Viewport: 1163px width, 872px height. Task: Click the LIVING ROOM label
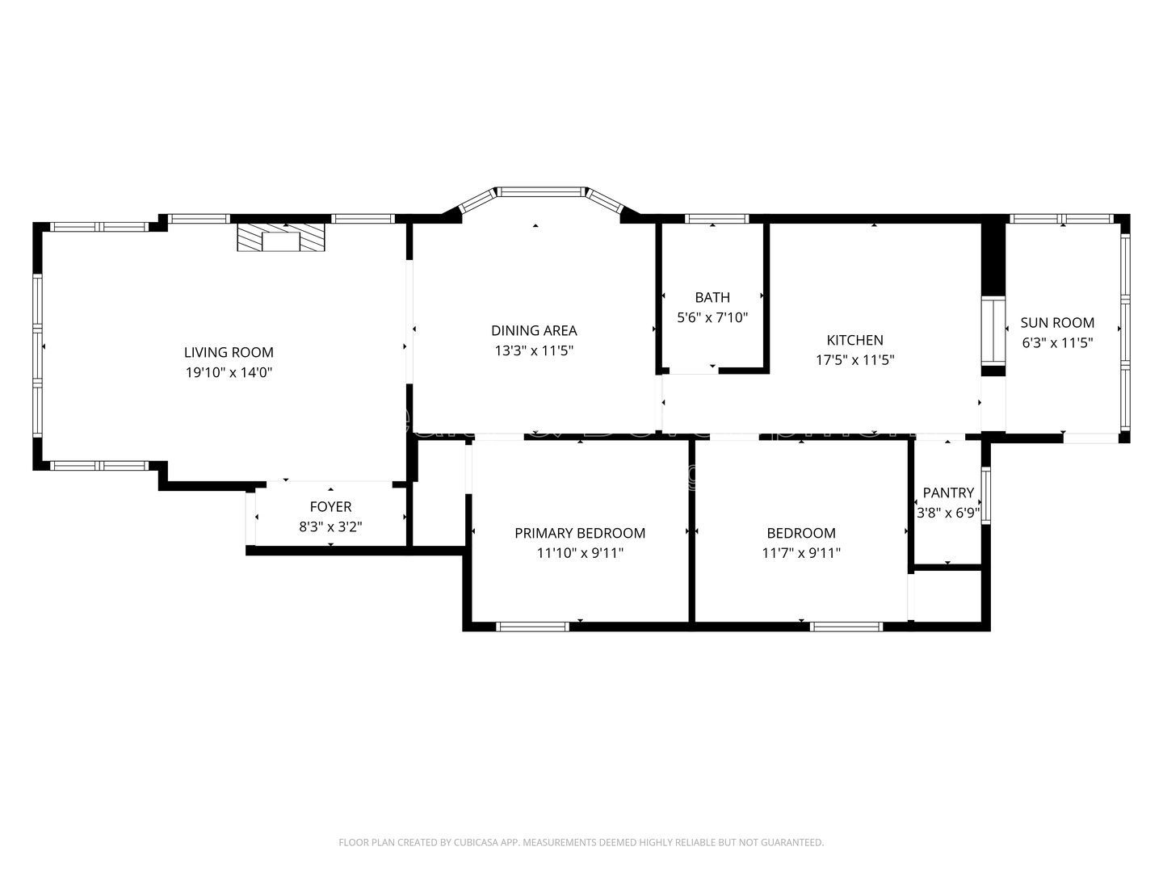pyautogui.click(x=229, y=352)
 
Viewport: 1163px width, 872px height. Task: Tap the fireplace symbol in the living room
pyautogui.click(x=280, y=237)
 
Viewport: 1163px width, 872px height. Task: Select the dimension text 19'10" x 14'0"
pyautogui.click(x=229, y=372)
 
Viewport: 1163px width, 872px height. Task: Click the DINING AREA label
pyautogui.click(x=534, y=330)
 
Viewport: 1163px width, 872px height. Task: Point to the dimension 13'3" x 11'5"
pyautogui.click(x=534, y=350)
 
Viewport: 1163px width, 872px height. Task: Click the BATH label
pyautogui.click(x=712, y=297)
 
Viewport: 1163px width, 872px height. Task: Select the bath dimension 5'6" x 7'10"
pyautogui.click(x=712, y=317)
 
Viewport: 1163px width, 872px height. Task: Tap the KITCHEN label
pyautogui.click(x=854, y=340)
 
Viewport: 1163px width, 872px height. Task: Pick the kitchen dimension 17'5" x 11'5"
pyautogui.click(x=854, y=360)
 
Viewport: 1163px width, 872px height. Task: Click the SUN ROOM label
pyautogui.click(x=1057, y=322)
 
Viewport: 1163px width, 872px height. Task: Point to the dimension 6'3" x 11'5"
pyautogui.click(x=1057, y=342)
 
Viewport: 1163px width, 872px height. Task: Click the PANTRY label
pyautogui.click(x=948, y=493)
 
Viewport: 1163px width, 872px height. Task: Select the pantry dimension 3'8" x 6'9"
pyautogui.click(x=948, y=512)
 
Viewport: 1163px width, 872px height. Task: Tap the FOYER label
pyautogui.click(x=330, y=506)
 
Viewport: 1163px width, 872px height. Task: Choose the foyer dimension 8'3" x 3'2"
pyautogui.click(x=330, y=526)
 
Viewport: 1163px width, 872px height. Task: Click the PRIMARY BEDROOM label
pyautogui.click(x=580, y=533)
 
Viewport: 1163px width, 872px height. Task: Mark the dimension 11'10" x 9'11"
pyautogui.click(x=580, y=553)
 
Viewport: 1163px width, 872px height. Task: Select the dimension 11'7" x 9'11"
pyautogui.click(x=801, y=553)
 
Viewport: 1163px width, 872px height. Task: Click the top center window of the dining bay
pyautogui.click(x=540, y=192)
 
